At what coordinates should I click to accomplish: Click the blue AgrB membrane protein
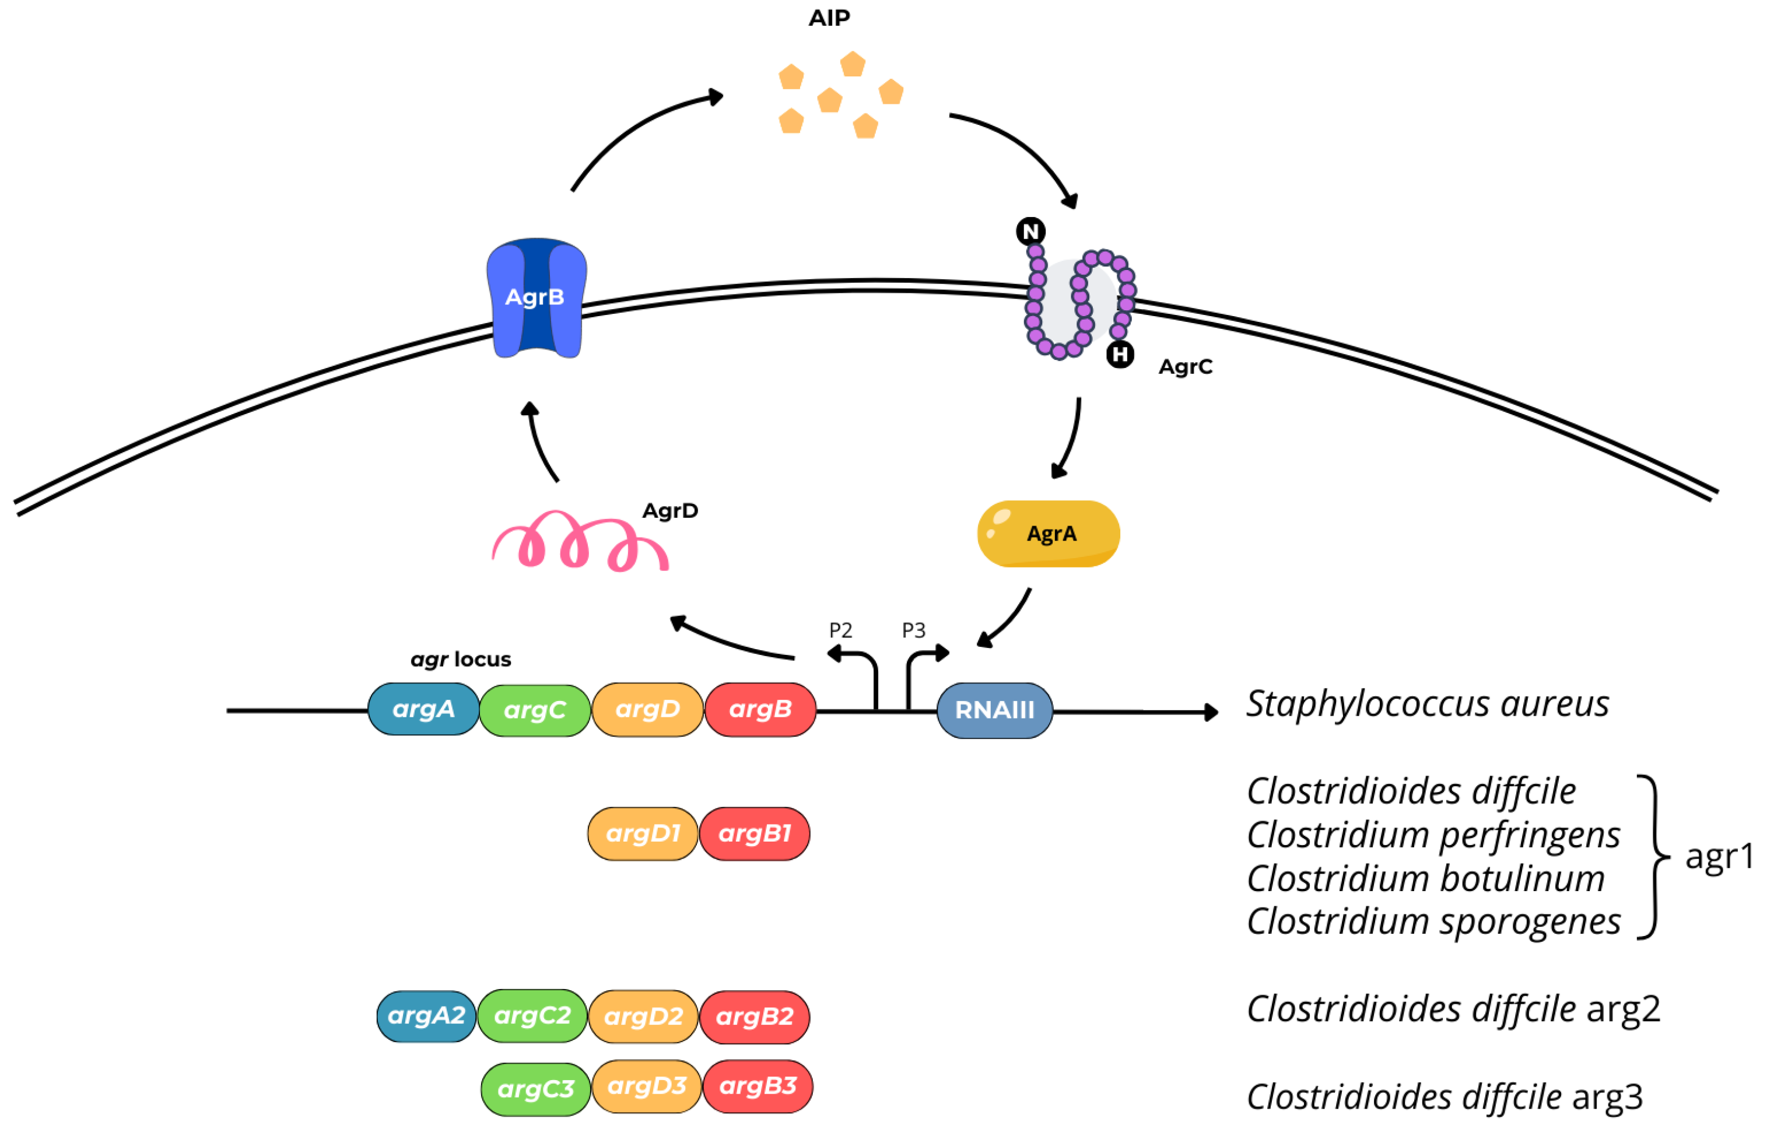pos(536,297)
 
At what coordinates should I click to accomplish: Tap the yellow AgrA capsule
pos(1048,534)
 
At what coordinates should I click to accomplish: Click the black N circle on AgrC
pos(1030,232)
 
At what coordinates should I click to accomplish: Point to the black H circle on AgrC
pos(1120,355)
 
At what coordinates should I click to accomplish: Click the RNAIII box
pos(994,710)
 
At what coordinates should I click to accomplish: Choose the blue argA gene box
pos(423,709)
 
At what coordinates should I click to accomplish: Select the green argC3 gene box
pos(536,1089)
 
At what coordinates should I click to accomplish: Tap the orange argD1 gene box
pos(643,833)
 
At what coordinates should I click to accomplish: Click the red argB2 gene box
pos(755,1017)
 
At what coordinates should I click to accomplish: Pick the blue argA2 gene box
pos(426,1016)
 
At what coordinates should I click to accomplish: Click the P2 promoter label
pos(840,630)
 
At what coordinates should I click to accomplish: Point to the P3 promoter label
pos(914,630)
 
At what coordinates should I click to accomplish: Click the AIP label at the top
pos(829,17)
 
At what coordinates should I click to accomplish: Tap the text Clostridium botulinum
pos(1425,879)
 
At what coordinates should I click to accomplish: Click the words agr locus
pos(461,660)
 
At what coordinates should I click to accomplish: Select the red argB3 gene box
pos(758,1087)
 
